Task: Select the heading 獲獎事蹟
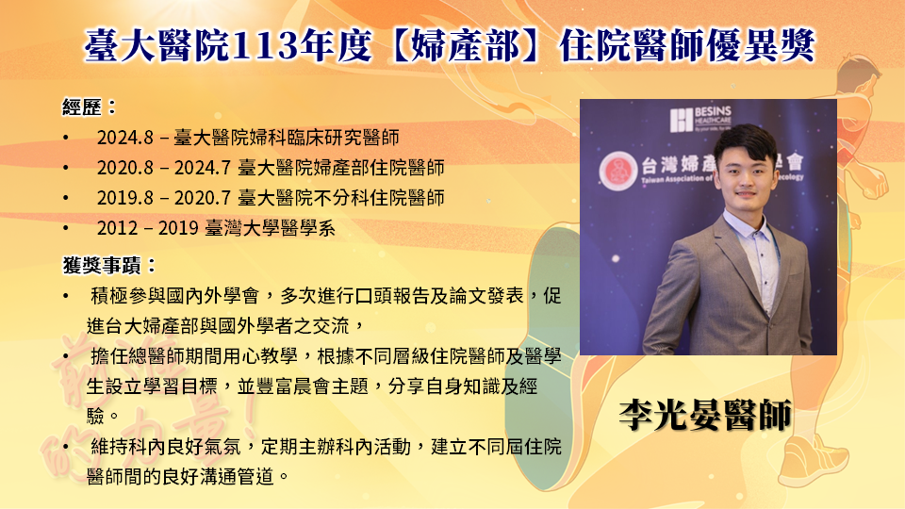pos(102,266)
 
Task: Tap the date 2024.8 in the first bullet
pos(124,138)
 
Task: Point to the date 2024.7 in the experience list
pos(203,168)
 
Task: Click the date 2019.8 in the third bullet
pos(124,198)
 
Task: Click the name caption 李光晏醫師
pos(705,415)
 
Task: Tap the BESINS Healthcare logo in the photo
pos(700,120)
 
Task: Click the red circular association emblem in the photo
pos(617,171)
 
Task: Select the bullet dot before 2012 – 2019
pos(66,228)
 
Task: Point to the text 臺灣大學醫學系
pos(271,228)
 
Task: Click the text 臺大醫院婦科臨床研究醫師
pos(287,138)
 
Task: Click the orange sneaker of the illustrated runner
pos(814,459)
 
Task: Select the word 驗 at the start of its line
pos(95,417)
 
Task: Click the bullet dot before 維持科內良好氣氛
pos(66,447)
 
